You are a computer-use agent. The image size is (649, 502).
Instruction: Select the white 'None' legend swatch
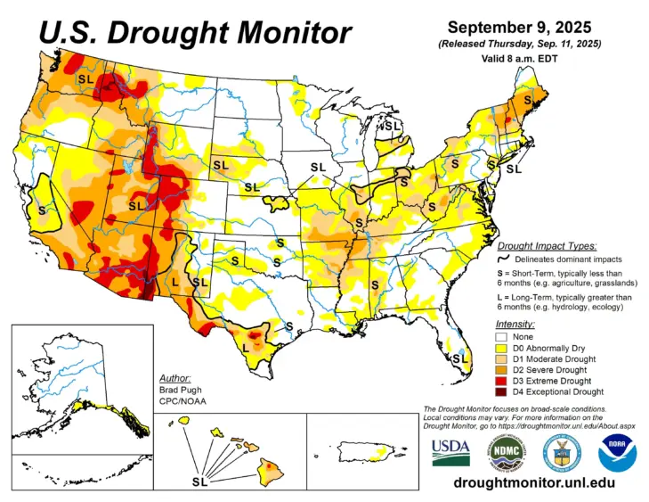[502, 337]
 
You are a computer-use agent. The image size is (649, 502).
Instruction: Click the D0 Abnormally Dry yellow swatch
[502, 348]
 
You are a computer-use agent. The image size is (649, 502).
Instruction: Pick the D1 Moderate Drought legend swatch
[502, 358]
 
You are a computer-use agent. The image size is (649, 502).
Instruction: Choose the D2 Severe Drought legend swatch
[502, 369]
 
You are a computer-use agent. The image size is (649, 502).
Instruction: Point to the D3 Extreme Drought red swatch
[502, 380]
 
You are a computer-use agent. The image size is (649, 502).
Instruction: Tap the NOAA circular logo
[617, 451]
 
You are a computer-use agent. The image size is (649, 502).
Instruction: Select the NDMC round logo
[505, 451]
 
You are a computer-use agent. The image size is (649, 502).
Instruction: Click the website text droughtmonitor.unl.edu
[533, 482]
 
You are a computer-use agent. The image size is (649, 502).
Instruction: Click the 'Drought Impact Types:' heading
[547, 245]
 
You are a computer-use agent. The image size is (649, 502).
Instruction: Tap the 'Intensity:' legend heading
[515, 324]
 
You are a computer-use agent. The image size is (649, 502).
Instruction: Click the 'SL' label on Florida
[459, 358]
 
